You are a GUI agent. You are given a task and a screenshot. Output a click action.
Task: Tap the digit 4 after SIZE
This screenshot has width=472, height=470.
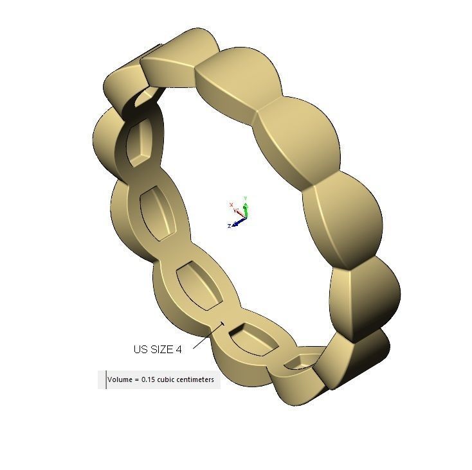click(x=179, y=349)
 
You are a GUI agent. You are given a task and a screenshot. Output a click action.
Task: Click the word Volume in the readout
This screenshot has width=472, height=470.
click(x=120, y=379)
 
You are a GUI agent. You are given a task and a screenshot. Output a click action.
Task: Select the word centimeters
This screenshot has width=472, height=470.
click(x=199, y=379)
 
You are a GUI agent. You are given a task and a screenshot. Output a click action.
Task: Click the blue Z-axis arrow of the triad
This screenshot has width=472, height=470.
click(x=238, y=222)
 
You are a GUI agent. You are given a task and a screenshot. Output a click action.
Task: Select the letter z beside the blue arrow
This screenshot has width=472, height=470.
click(x=230, y=226)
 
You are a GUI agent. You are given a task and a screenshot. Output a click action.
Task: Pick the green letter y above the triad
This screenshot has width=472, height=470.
click(x=246, y=198)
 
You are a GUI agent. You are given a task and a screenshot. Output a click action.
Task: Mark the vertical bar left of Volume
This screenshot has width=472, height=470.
click(x=106, y=379)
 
